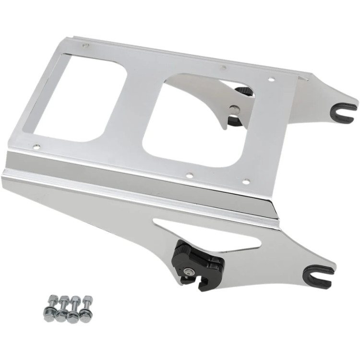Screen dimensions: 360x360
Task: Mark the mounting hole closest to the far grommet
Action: pos(271,80)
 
